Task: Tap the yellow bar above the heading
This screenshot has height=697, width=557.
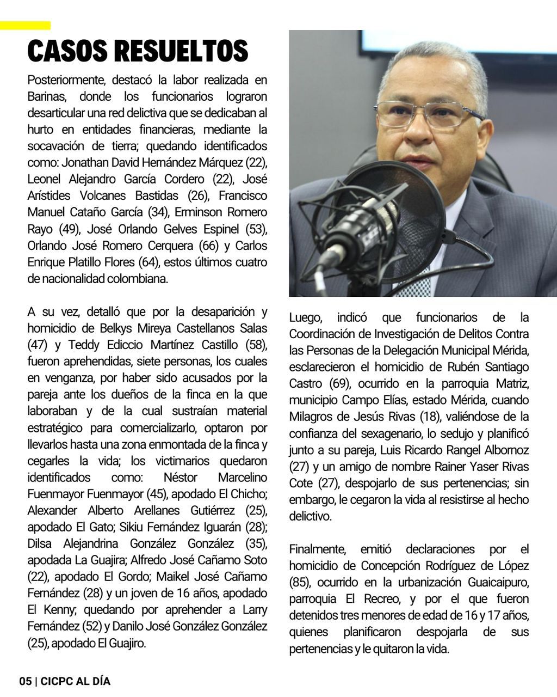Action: coord(25,26)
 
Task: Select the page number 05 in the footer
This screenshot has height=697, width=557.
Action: coord(25,681)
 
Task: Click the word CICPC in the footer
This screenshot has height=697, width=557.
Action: coord(57,681)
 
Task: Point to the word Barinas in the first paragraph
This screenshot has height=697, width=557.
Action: coord(47,97)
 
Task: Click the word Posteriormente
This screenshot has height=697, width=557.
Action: coord(66,80)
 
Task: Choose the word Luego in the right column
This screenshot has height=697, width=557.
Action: coord(305,317)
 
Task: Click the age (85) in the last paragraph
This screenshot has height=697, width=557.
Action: coord(300,583)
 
